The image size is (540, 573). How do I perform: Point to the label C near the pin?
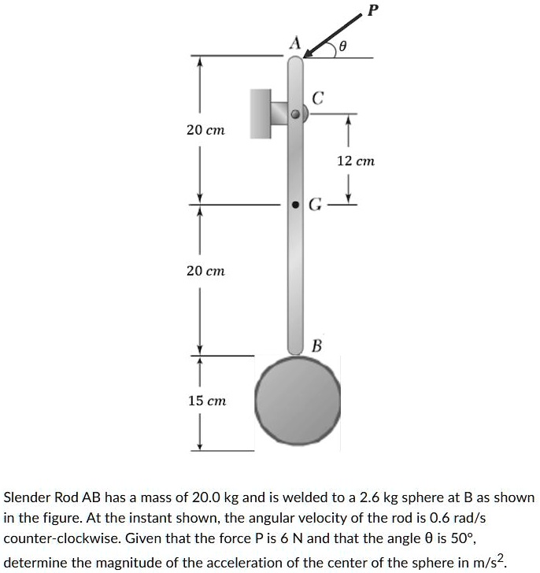click(316, 99)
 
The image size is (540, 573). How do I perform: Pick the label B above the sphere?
click(316, 346)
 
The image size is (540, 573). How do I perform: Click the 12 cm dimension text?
click(356, 161)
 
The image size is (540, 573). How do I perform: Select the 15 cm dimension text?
click(206, 401)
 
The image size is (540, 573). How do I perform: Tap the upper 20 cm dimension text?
click(205, 130)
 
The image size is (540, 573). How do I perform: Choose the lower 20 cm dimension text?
click(205, 270)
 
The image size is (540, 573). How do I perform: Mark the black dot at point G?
click(295, 205)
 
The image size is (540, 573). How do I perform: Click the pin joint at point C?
click(295, 114)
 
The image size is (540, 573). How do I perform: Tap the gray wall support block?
click(261, 113)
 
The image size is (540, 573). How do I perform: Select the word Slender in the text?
click(28, 498)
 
